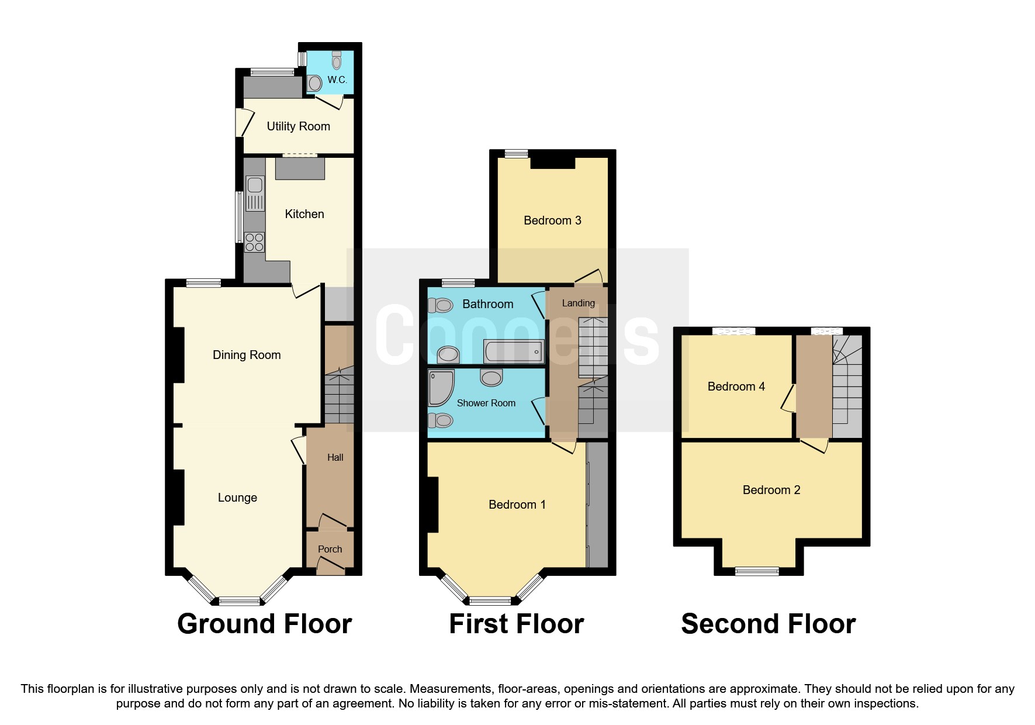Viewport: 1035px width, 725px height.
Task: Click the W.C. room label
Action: coord(337,80)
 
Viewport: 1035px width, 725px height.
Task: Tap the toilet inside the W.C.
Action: coord(336,60)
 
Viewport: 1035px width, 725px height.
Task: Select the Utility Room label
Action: coord(298,126)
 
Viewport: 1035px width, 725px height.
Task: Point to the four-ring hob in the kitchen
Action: coord(254,242)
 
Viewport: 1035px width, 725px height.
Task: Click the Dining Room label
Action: coord(247,355)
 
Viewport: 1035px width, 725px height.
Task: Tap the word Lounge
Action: coord(237,498)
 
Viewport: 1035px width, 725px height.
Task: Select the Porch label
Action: coord(330,549)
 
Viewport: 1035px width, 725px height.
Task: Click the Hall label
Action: coord(335,457)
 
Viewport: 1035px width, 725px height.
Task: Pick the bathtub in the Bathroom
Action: coord(514,352)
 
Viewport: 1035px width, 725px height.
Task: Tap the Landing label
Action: coord(578,303)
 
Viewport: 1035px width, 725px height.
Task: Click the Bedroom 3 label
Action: coord(552,220)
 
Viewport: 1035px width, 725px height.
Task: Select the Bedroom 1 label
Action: coord(517,505)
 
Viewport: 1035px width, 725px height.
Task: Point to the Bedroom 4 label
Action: coord(736,386)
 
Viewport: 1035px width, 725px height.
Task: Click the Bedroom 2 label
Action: coord(771,490)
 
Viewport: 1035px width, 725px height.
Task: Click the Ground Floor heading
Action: coord(264,624)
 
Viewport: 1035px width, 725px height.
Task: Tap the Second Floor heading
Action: coord(768,624)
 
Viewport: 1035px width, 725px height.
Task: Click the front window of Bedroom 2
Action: coord(757,571)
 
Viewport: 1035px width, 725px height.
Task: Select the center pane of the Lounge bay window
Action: coord(238,600)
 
